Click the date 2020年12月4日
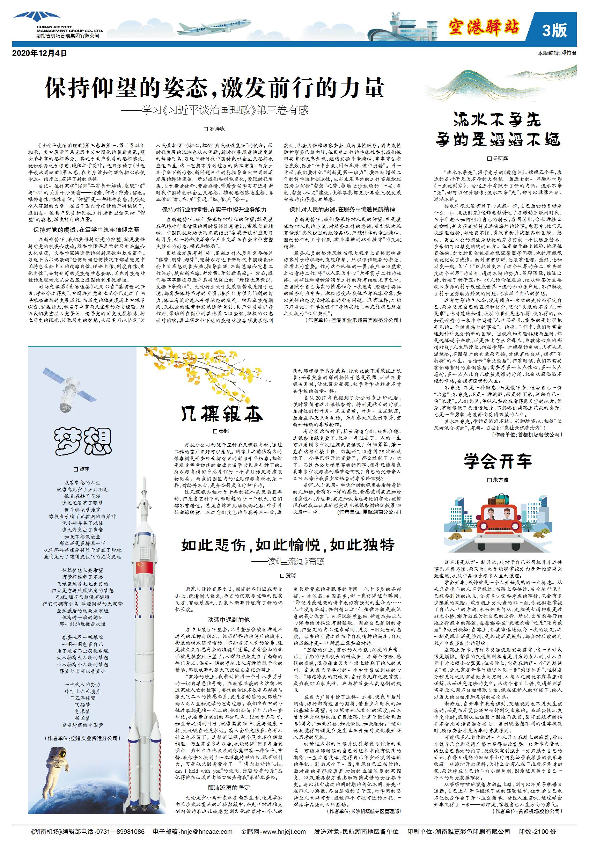(39, 53)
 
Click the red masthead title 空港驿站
(484, 28)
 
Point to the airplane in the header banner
(209, 27)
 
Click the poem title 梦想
(83, 441)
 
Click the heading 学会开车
(498, 461)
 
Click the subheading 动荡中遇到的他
(229, 619)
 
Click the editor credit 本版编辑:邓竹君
(557, 53)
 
